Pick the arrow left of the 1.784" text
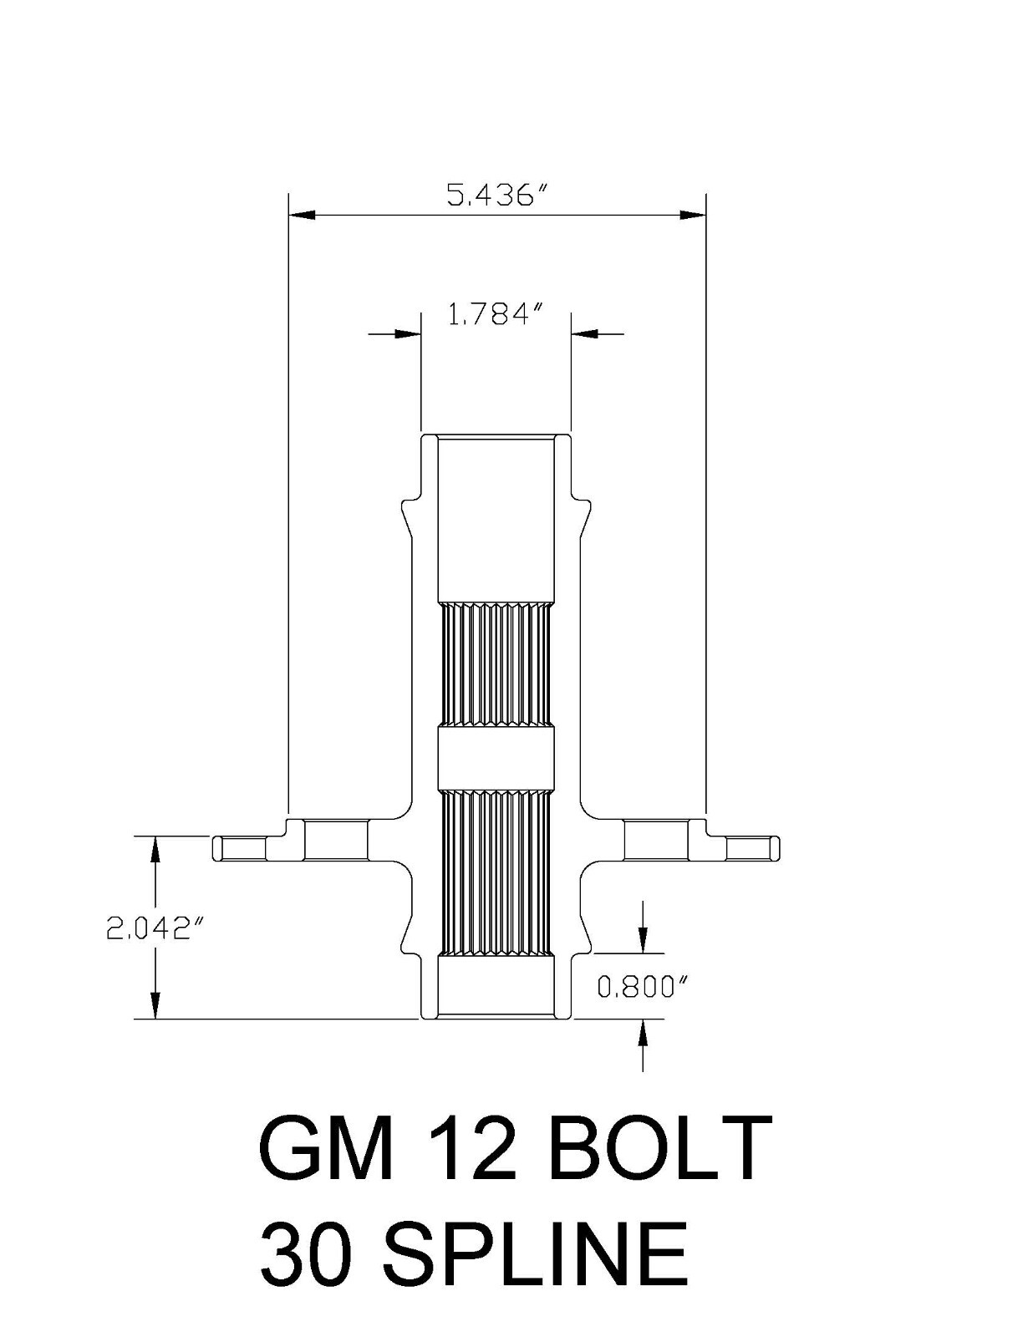click(408, 334)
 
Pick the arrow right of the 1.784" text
click(583, 334)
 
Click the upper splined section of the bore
click(496, 664)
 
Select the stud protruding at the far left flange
click(240, 848)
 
